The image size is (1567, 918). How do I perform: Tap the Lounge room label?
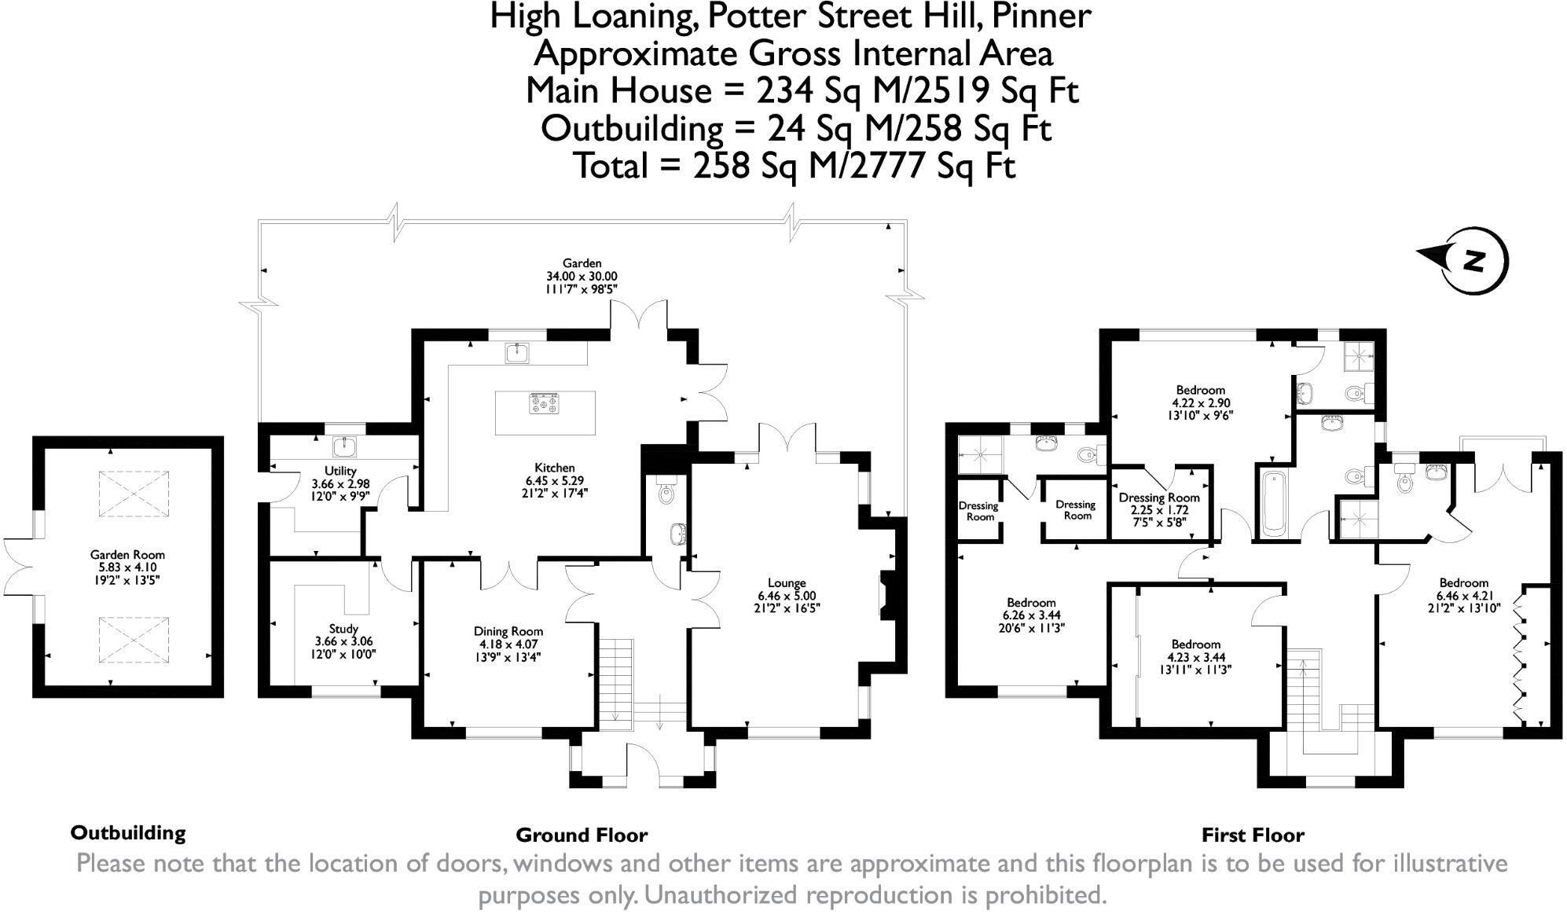click(787, 583)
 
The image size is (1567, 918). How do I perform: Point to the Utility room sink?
click(344, 447)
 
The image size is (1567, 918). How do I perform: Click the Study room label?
click(343, 629)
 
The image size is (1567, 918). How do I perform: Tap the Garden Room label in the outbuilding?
click(127, 555)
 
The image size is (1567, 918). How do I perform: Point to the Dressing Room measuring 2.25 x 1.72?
click(1159, 498)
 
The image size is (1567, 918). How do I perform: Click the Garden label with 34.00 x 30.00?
click(582, 263)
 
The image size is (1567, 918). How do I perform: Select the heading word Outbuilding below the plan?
click(128, 833)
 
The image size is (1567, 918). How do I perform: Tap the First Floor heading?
click(1253, 835)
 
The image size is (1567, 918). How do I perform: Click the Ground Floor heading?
click(582, 835)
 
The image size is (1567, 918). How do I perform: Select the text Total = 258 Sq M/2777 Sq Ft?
click(794, 166)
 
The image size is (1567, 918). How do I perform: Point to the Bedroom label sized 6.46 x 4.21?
click(1463, 583)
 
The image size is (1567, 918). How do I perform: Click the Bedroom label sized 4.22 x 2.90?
click(1200, 390)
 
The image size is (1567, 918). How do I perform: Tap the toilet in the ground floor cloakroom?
click(667, 492)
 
